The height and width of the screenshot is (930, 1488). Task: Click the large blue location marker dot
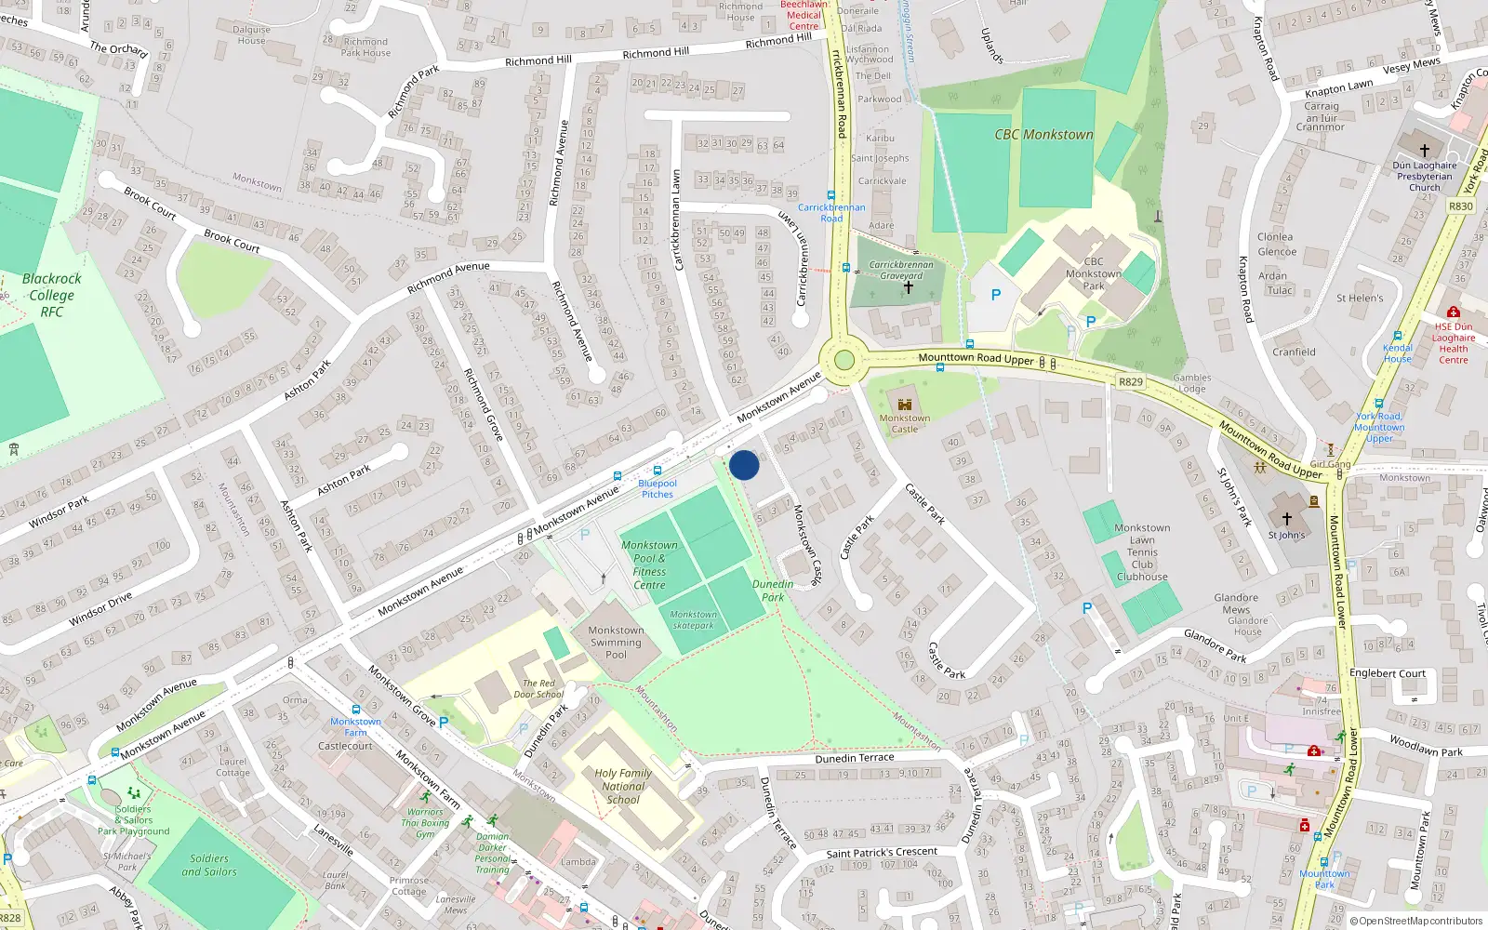click(744, 465)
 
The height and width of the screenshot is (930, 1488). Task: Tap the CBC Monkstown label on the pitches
click(1043, 135)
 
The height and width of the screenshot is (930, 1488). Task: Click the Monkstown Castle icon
click(904, 404)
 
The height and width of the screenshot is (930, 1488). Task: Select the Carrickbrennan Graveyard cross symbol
click(909, 288)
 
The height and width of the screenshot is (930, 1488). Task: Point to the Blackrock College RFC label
click(52, 295)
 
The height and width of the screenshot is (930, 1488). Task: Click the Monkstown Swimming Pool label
click(616, 643)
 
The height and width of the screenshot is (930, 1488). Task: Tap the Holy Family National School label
click(623, 786)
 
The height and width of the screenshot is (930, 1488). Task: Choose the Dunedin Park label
click(773, 591)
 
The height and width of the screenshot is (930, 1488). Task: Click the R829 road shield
click(1131, 382)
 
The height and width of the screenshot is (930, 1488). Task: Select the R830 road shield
click(1460, 206)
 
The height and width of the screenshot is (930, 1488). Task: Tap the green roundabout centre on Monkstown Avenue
click(844, 361)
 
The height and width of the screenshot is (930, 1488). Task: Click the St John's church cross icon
click(1287, 519)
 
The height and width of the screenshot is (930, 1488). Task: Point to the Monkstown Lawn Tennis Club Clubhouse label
click(1142, 552)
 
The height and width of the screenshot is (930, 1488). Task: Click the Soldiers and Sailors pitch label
click(209, 866)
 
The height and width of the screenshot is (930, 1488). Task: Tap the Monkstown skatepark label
click(694, 619)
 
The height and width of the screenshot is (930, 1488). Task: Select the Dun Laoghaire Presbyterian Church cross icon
click(1424, 150)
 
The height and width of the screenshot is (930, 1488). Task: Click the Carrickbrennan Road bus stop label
click(831, 213)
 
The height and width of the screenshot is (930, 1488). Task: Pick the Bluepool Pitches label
click(658, 489)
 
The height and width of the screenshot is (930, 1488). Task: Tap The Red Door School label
click(538, 688)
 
